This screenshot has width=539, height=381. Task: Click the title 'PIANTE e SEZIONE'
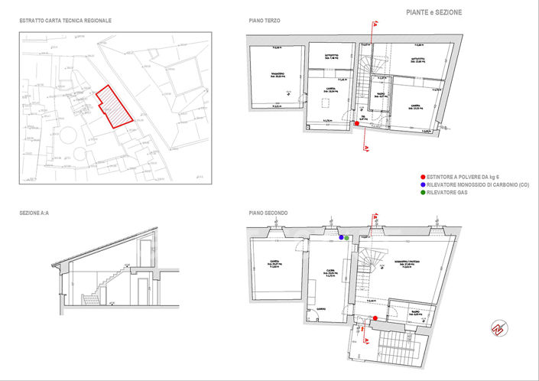[433, 12]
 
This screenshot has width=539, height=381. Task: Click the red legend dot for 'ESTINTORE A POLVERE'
[422, 177]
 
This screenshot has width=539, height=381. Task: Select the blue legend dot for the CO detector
[422, 185]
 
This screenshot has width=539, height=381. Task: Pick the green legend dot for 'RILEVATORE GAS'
[422, 194]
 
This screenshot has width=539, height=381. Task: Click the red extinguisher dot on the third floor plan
[357, 124]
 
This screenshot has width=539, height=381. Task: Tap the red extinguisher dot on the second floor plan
[375, 318]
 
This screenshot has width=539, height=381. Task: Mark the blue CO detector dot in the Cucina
[341, 238]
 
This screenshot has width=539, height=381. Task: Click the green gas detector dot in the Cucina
[347, 238]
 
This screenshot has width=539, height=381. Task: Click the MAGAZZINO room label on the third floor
[277, 75]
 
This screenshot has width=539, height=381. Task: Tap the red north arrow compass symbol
[498, 327]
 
